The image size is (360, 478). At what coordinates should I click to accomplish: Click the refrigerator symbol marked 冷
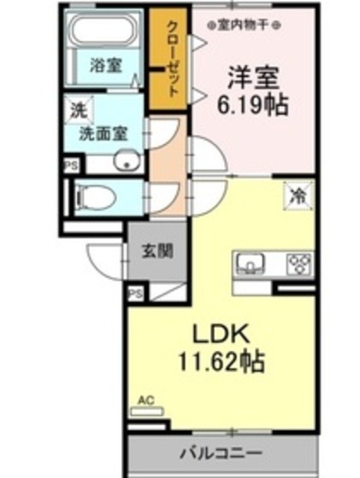tap(296, 196)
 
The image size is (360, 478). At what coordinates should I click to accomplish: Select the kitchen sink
tap(249, 262)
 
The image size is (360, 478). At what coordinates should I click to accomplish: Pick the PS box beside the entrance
tap(135, 294)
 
